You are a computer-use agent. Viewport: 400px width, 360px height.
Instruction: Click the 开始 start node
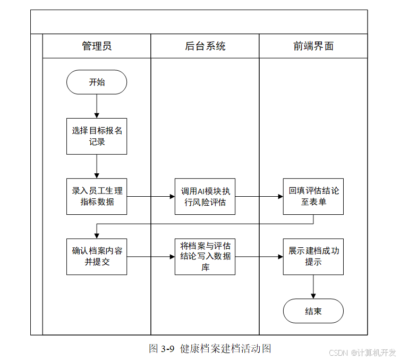point(97,82)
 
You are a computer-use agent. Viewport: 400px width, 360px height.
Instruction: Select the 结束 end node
point(313,311)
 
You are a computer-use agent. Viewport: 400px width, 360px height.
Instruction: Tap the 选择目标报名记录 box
point(97,136)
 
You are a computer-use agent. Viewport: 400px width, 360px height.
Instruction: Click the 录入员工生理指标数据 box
point(97,196)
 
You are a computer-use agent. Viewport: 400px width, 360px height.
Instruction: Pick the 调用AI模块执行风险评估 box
point(205,196)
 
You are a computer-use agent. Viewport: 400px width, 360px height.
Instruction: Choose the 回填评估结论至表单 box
point(313,196)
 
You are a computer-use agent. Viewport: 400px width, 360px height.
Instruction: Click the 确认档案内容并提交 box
point(97,257)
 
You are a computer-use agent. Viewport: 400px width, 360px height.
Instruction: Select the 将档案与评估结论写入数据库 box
point(205,257)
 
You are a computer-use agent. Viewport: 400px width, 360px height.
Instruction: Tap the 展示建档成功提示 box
point(313,257)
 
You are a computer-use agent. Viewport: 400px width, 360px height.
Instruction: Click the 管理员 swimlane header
point(97,46)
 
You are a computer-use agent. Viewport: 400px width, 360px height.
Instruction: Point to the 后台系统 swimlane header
point(205,46)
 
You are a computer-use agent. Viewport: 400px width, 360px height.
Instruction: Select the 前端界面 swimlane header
point(313,46)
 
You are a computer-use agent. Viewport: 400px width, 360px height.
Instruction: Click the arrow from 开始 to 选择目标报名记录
point(97,106)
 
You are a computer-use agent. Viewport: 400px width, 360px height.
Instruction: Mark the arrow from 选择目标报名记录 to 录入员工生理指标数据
point(97,166)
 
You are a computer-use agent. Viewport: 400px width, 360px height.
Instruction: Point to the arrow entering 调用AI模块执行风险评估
point(151,196)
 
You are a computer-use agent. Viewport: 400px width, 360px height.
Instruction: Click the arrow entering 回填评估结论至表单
point(259,196)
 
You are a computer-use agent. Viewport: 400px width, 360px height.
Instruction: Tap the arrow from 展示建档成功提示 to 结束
point(313,287)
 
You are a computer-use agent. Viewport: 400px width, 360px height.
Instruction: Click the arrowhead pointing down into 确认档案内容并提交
point(97,236)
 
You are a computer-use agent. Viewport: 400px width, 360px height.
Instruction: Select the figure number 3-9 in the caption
point(168,348)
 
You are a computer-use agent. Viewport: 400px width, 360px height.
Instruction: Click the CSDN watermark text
point(338,353)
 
